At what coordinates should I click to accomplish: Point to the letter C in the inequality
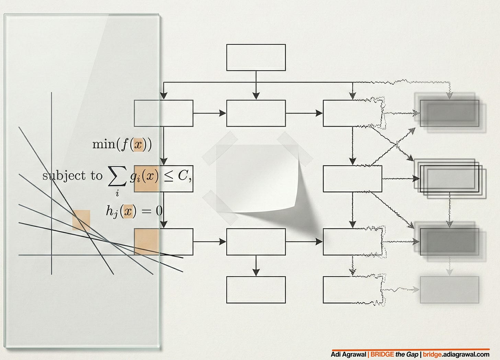click(182, 176)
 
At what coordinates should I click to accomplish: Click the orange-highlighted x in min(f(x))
click(138, 145)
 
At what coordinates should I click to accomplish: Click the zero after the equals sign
click(159, 211)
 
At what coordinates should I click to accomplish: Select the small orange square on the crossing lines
click(81, 220)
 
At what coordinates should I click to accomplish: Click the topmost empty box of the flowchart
click(256, 57)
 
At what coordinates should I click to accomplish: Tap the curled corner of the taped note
click(292, 203)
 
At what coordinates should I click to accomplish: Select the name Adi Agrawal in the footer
click(348, 355)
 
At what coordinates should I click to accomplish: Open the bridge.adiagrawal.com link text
click(456, 355)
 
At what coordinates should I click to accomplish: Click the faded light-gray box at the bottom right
click(449, 290)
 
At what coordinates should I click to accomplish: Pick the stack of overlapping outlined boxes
click(450, 179)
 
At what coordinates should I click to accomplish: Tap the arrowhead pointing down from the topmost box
click(256, 96)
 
